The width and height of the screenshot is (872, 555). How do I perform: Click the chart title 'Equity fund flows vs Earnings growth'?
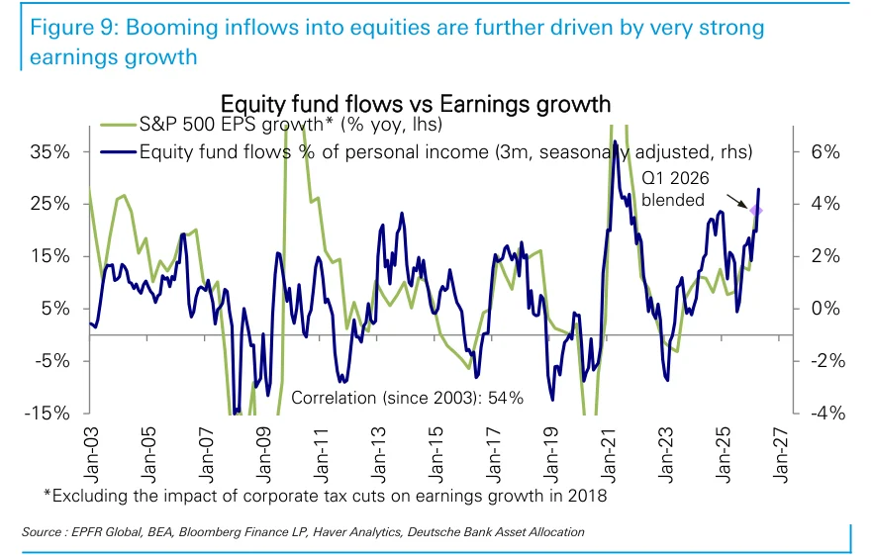pos(416,104)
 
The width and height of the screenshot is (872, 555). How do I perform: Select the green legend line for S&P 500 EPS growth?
pos(119,125)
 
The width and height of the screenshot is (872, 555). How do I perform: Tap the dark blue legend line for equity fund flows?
pos(119,151)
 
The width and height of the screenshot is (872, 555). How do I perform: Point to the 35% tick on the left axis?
pos(50,151)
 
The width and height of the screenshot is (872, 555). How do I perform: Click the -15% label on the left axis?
pos(48,414)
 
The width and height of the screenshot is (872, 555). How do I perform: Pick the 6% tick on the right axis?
pos(825,151)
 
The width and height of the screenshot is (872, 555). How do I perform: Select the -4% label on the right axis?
pos(828,414)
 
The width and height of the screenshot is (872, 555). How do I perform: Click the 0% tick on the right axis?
pos(825,309)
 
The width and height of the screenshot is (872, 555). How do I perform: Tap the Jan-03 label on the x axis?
pos(91,455)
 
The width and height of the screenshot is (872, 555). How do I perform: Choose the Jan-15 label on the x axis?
pos(436,455)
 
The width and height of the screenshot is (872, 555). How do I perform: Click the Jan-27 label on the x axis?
pos(781,455)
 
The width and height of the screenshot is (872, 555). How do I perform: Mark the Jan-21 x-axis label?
pos(609,455)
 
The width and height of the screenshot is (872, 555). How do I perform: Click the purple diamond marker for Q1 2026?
pos(755,211)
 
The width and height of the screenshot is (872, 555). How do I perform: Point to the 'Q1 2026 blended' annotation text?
pos(675,189)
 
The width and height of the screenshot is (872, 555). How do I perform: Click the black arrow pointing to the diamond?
pos(737,201)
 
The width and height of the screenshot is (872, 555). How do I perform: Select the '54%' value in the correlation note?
pos(506,398)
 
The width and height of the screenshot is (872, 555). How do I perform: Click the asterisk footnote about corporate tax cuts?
pos(326,495)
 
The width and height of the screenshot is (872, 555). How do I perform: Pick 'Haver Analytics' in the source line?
pos(356,532)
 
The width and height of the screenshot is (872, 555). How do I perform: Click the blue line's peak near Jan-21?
pos(615,141)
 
